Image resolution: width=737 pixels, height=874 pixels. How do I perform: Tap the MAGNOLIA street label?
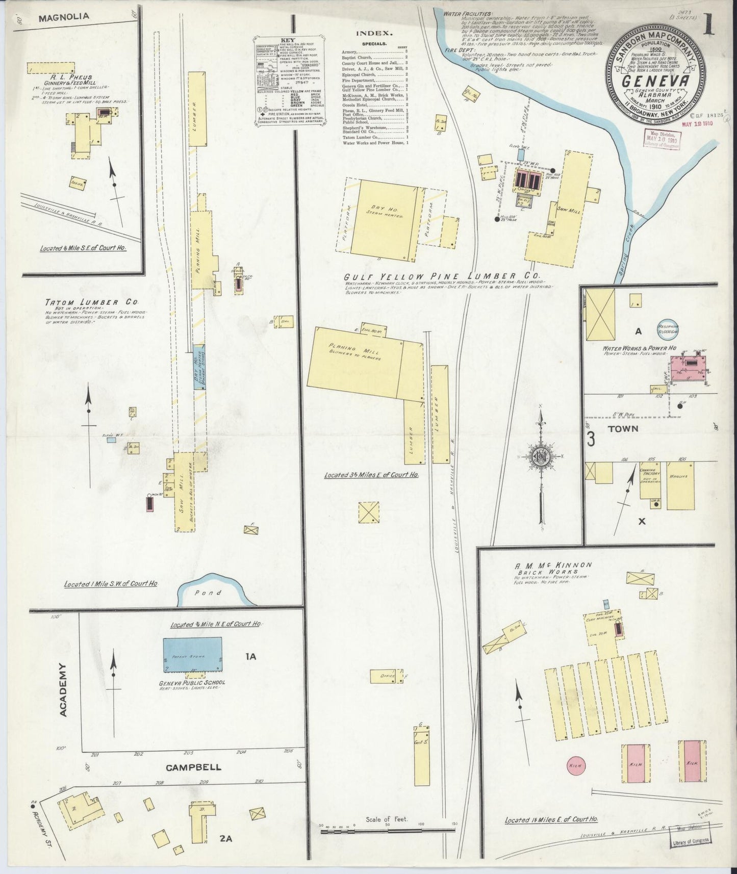tap(64, 16)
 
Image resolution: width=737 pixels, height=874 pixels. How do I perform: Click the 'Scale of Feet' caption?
tap(387, 833)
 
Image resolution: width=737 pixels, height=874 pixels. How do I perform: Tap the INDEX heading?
tap(374, 34)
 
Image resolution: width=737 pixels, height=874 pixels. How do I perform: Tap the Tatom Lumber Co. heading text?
tap(94, 302)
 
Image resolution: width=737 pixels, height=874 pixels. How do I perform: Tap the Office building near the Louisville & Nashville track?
tap(387, 676)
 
